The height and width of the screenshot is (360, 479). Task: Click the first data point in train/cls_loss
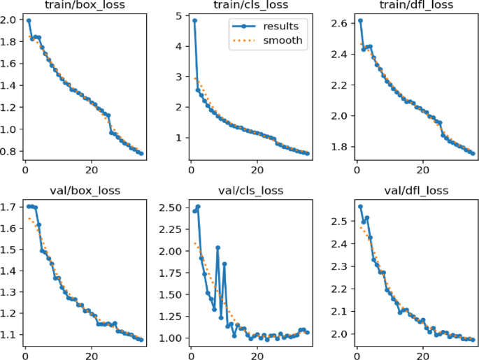[194, 21]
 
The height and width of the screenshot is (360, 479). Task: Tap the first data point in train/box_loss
[29, 21]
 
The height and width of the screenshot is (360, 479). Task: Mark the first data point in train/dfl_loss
[360, 21]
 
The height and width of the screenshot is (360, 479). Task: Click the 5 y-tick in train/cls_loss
[178, 15]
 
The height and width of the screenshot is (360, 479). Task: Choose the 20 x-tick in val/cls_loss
[257, 354]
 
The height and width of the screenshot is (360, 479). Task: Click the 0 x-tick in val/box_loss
[25, 354]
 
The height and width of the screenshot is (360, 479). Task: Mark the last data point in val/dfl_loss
[473, 340]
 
